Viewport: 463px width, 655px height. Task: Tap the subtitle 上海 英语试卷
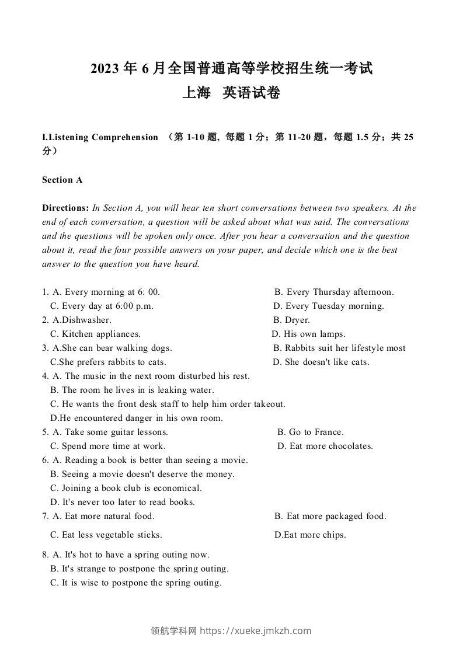click(x=231, y=93)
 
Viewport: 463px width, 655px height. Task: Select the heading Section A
click(x=62, y=180)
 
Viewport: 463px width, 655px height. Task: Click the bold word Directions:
click(x=65, y=208)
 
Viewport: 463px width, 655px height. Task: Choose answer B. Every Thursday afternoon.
click(x=334, y=292)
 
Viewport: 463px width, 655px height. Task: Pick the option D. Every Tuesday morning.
click(x=329, y=306)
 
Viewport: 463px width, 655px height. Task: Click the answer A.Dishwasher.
click(x=82, y=320)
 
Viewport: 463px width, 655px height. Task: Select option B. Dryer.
click(x=291, y=320)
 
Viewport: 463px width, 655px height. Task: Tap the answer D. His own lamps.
click(x=309, y=334)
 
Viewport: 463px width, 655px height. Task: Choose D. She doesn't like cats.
click(x=321, y=362)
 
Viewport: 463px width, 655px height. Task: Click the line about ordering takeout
click(x=168, y=404)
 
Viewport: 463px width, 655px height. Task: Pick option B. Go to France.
click(x=311, y=432)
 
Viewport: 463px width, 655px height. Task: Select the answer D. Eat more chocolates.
click(x=325, y=446)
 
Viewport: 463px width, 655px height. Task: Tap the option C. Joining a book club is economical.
click(x=126, y=488)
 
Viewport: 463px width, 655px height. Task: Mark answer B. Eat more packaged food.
click(x=330, y=516)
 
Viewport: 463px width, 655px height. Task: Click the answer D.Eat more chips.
click(x=310, y=535)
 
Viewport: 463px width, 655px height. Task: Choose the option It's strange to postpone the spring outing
click(x=140, y=569)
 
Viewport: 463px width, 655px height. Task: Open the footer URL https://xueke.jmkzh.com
click(x=256, y=630)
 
